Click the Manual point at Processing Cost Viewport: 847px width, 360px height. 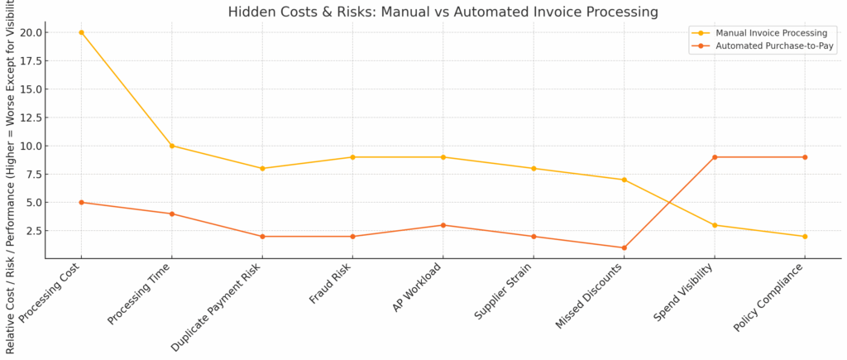(x=81, y=32)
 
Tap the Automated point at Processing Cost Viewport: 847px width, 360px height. (x=81, y=202)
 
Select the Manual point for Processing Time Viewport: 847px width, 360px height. (x=171, y=146)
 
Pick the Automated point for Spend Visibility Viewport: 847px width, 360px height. (x=714, y=157)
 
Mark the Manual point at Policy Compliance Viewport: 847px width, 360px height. (x=805, y=237)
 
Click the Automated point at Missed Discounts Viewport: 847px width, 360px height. (x=624, y=247)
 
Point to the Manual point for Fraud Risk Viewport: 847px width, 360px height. (x=352, y=157)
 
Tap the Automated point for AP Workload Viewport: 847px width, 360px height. (x=443, y=225)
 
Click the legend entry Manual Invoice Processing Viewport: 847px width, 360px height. (x=757, y=33)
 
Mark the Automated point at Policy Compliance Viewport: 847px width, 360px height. (x=805, y=157)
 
